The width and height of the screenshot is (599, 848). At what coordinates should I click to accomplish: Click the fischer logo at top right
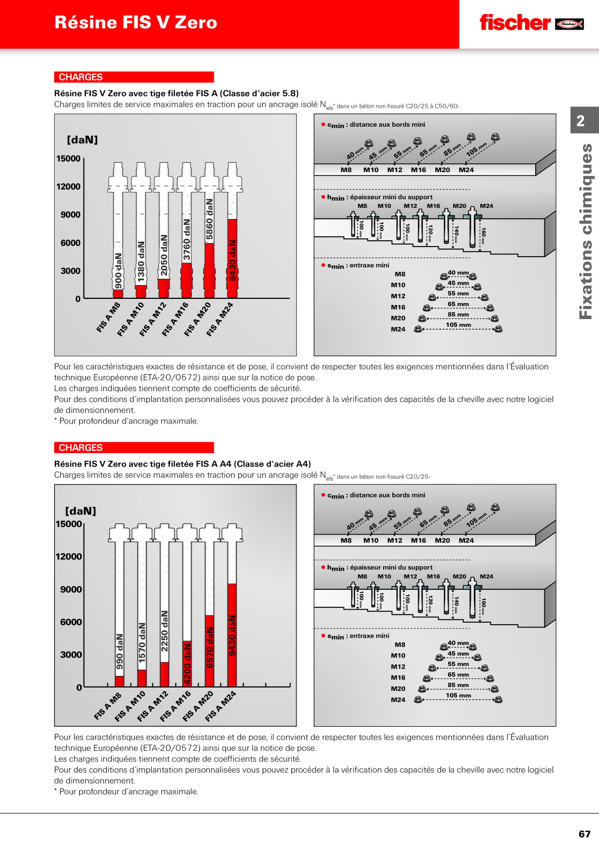pyautogui.click(x=531, y=23)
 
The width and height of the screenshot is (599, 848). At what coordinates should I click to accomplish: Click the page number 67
pyautogui.click(x=585, y=834)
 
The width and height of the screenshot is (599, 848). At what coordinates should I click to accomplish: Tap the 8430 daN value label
pyautogui.click(x=232, y=261)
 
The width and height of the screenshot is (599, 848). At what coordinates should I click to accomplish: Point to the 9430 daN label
pyautogui.click(x=232, y=636)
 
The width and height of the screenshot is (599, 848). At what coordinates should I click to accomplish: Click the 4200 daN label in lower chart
pyautogui.click(x=187, y=664)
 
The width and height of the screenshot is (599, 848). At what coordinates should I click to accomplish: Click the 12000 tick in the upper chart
pyautogui.click(x=69, y=187)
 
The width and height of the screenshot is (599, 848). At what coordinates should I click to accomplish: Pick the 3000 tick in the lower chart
pyautogui.click(x=71, y=655)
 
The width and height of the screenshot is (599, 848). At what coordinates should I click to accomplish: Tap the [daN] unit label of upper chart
pyautogui.click(x=82, y=140)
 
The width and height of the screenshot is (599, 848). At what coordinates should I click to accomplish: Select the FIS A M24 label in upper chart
pyautogui.click(x=220, y=319)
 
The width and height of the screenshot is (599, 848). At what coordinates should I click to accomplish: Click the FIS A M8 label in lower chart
pyautogui.click(x=107, y=706)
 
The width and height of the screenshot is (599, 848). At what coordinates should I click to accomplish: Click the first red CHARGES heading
pyautogui.click(x=134, y=77)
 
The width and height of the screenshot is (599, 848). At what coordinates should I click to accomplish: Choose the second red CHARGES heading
pyautogui.click(x=134, y=448)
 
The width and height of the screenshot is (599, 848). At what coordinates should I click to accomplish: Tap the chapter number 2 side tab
pyautogui.click(x=581, y=120)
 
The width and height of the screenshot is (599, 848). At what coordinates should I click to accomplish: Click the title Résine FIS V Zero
pyautogui.click(x=136, y=22)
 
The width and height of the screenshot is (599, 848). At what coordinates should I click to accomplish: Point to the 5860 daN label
pyautogui.click(x=210, y=219)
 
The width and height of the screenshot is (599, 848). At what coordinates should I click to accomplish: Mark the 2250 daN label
pyautogui.click(x=165, y=631)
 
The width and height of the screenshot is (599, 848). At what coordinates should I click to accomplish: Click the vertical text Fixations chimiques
pyautogui.click(x=585, y=232)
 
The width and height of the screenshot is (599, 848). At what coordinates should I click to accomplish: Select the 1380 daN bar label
pyautogui.click(x=141, y=262)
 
